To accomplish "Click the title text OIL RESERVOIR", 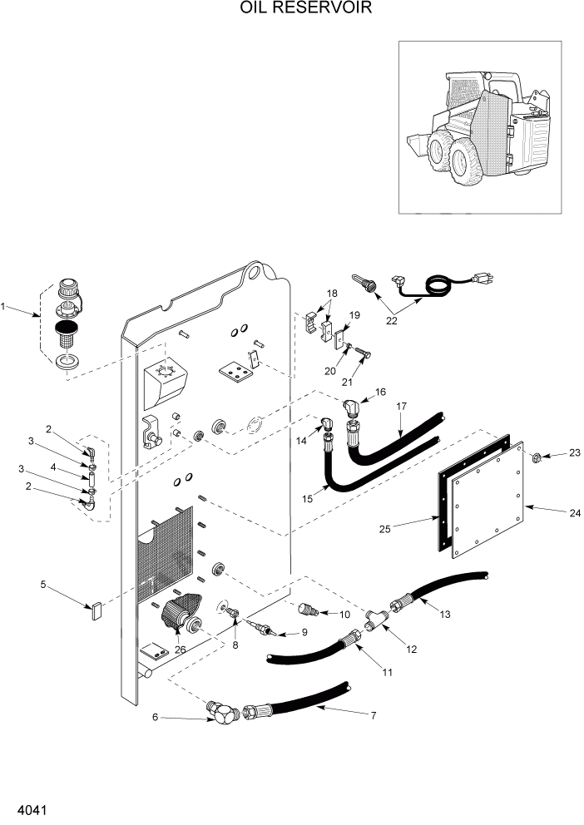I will tap(294, 9).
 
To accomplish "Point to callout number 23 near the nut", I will tap(574, 452).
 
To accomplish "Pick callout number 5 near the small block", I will tap(42, 585).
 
